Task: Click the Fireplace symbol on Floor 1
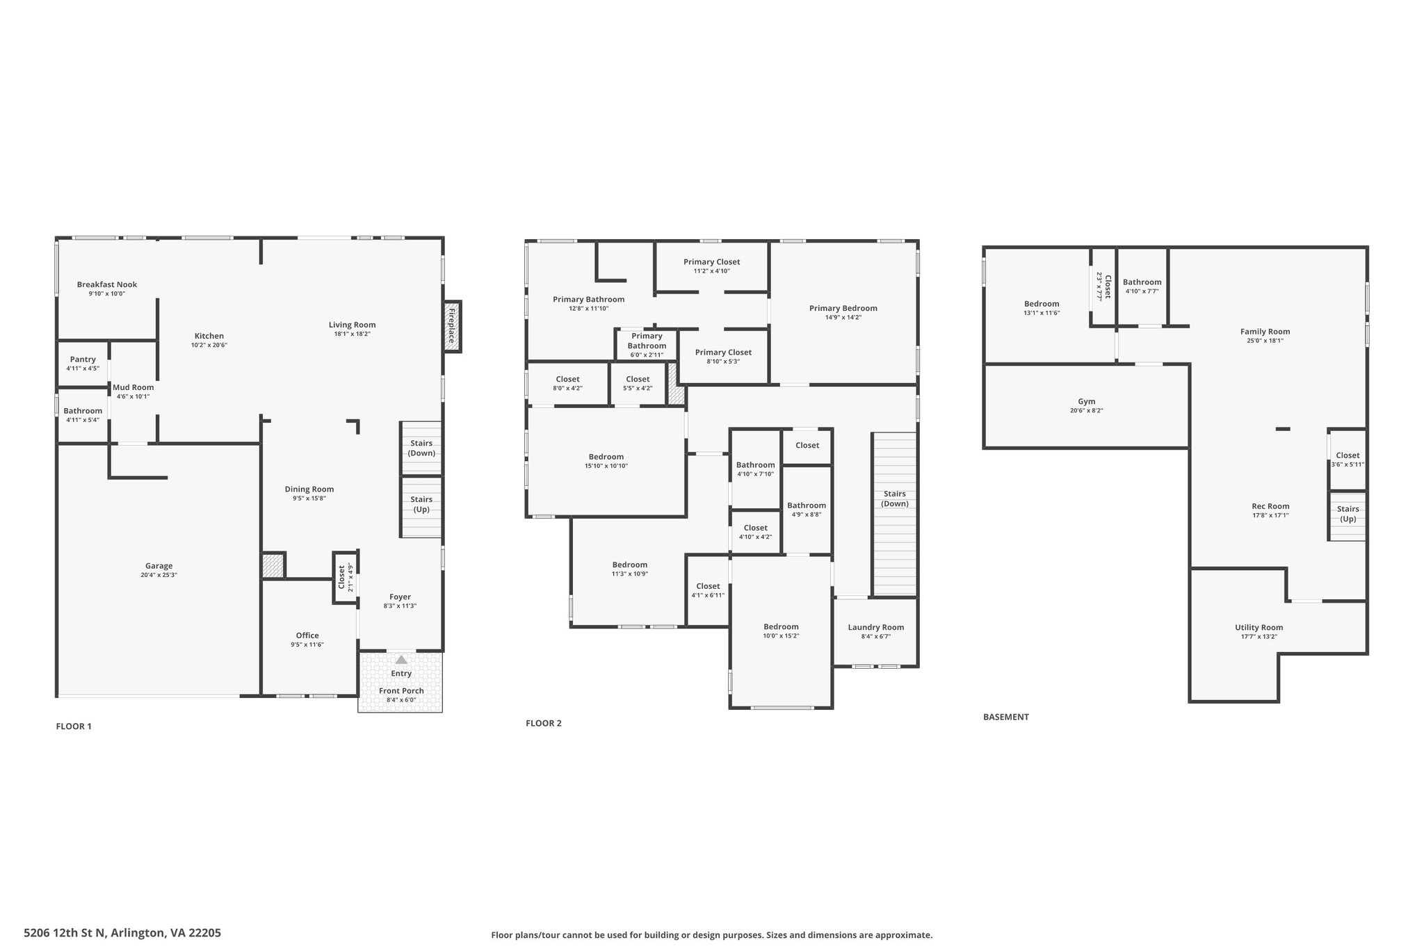452,326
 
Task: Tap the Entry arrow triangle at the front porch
401,659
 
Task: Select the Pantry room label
83,359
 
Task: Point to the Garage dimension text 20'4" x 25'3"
159,575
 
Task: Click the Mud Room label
133,387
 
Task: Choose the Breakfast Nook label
107,284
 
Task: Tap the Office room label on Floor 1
307,635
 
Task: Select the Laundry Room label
876,627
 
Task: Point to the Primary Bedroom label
843,308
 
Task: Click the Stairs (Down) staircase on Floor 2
895,514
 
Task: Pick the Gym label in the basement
1087,401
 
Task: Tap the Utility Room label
1259,627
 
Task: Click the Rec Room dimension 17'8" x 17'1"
1270,515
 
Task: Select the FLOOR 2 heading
544,723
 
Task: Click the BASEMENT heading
1006,717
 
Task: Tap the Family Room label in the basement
1265,332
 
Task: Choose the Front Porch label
401,690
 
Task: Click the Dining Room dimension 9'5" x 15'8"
309,498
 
